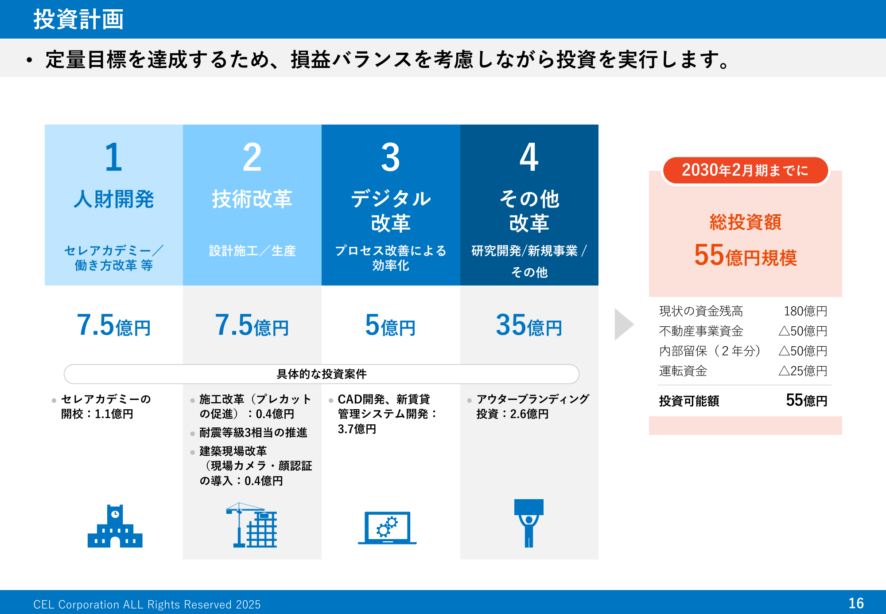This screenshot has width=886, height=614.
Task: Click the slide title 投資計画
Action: coord(78,20)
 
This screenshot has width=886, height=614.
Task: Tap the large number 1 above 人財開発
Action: coord(113,157)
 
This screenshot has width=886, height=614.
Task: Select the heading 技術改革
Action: coord(252,199)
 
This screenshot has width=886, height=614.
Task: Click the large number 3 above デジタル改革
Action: coord(390,157)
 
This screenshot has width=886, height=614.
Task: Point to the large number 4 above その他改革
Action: coord(529,157)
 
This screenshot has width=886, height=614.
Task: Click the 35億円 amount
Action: coord(529,325)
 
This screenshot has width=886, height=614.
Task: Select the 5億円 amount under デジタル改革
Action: coord(390,325)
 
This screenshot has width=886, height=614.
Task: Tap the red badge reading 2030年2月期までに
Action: coord(745,170)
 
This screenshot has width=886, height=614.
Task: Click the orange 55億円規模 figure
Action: coord(745,255)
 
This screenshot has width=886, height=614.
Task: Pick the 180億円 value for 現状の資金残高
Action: coord(805,311)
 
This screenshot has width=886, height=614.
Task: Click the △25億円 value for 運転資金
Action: coord(803,371)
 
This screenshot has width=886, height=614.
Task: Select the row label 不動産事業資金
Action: coord(701,331)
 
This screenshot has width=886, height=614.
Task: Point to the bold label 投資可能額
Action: coord(689,401)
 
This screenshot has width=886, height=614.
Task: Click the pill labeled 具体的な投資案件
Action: coord(322,374)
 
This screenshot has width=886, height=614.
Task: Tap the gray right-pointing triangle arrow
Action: coord(624,325)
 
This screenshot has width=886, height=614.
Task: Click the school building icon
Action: coord(115,526)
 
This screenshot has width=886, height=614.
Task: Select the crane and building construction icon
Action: coord(252,525)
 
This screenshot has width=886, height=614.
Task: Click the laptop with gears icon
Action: coord(387,528)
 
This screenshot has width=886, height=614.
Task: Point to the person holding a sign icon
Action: coord(529,523)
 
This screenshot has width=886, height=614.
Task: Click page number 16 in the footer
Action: coord(856,603)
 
